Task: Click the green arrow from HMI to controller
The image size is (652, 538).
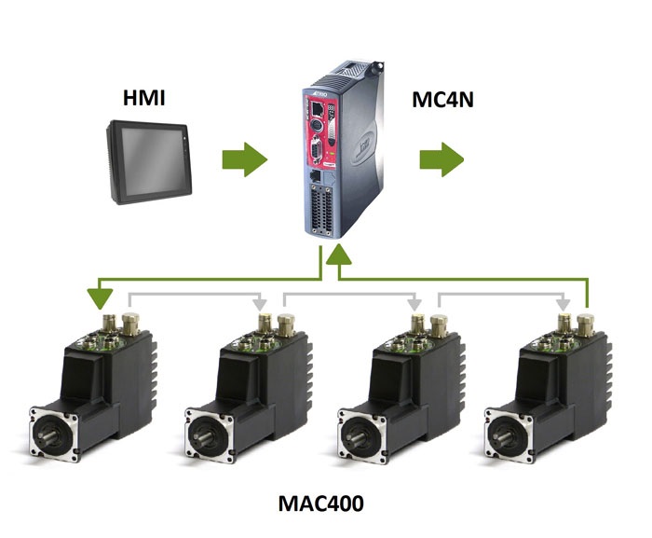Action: click(x=244, y=161)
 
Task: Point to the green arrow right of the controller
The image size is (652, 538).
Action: click(x=441, y=160)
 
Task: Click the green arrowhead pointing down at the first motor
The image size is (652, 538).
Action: click(x=96, y=299)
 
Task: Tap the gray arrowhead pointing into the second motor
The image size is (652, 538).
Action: click(x=261, y=303)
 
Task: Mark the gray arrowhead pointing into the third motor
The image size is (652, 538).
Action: click(x=414, y=303)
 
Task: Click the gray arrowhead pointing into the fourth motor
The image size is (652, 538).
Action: click(x=564, y=303)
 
